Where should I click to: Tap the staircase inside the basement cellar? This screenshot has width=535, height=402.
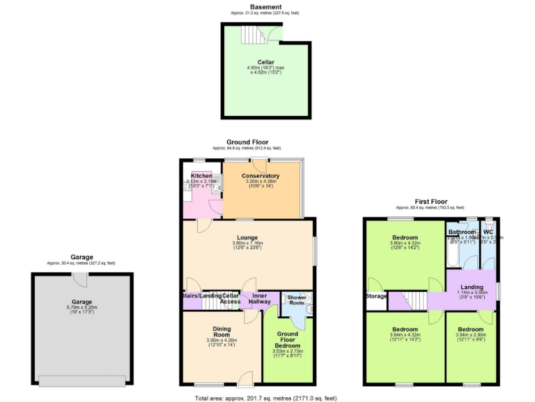[x=249, y=33]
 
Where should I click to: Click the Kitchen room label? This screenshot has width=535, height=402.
[x=201, y=176]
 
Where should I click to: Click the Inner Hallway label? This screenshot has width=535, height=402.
[x=258, y=299]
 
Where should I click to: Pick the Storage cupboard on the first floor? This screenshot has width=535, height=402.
[x=376, y=297]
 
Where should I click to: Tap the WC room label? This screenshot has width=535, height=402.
[x=488, y=232]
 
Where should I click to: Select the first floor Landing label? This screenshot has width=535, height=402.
[x=472, y=287]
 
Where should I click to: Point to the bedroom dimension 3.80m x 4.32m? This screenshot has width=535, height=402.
[x=404, y=242]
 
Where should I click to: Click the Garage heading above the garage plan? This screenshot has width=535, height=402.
[x=81, y=257]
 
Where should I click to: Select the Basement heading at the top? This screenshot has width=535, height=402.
[x=256, y=7]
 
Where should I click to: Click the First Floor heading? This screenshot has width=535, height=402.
[x=431, y=202]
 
